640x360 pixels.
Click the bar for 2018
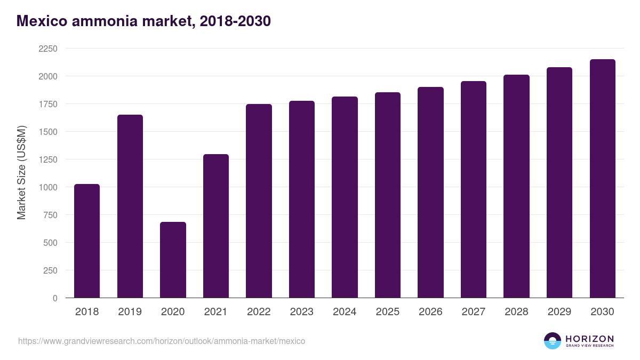point(87,241)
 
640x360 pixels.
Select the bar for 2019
point(130,206)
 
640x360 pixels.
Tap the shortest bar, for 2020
point(173,260)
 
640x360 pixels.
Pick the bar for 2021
point(216,226)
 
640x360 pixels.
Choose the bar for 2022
point(259,201)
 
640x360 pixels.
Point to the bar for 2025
point(388,195)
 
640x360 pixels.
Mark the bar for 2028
point(516,186)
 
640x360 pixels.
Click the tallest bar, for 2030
point(602,179)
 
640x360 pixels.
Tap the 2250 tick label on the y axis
point(48,49)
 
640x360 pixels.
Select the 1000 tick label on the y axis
point(48,187)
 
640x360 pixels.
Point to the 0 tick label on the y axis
point(55,298)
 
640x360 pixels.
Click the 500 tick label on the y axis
point(50,243)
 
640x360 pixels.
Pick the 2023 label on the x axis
point(302,312)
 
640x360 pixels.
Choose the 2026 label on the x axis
point(430,312)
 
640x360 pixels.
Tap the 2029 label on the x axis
point(559,312)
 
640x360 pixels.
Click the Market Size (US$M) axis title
point(21,172)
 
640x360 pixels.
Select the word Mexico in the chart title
point(41,21)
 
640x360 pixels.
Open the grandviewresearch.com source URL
point(162,341)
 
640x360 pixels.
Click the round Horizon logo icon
point(552,341)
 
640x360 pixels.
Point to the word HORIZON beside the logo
point(589,339)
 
